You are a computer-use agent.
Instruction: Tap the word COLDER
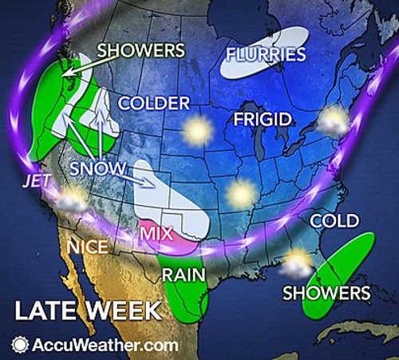(153, 103)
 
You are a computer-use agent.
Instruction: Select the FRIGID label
(257, 121)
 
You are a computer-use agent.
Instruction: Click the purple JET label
(37, 181)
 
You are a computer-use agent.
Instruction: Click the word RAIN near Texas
(183, 274)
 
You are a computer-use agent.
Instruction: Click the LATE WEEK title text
(86, 310)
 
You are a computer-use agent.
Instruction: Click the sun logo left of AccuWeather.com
(19, 345)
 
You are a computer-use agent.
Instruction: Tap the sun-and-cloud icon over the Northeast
(334, 122)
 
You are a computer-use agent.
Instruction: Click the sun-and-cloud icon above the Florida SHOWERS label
(298, 260)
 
